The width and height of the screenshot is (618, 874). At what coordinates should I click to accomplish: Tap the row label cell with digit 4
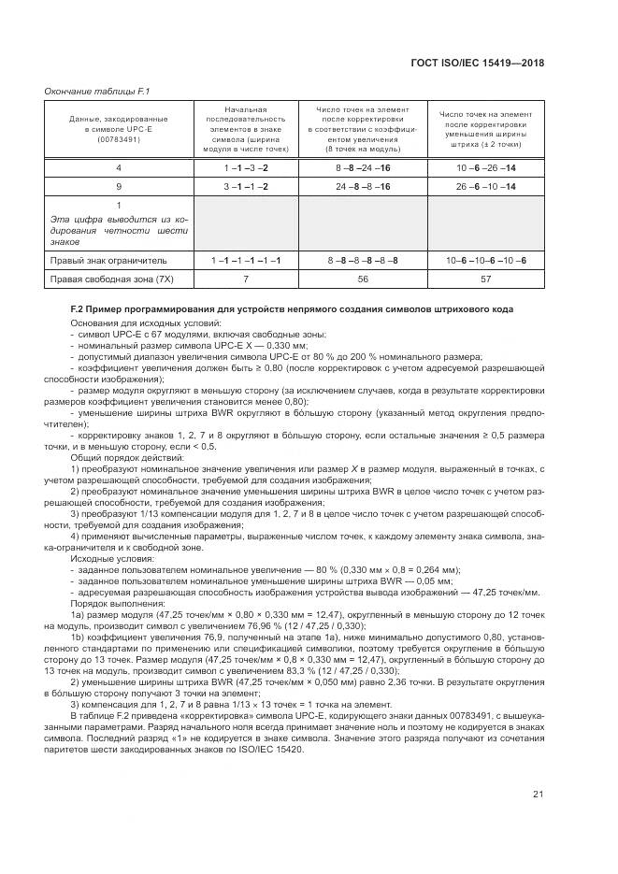(x=119, y=166)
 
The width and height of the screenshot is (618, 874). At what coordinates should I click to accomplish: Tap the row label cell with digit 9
(x=119, y=186)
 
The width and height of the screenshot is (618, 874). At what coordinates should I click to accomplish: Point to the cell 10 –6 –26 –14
(x=486, y=166)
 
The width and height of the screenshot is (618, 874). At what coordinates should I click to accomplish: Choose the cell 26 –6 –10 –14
(x=486, y=186)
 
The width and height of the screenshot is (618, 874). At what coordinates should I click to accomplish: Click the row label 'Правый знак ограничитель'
(x=108, y=259)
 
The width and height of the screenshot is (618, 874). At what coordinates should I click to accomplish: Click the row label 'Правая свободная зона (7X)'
(x=111, y=279)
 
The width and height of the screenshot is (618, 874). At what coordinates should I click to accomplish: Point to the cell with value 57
(x=486, y=279)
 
